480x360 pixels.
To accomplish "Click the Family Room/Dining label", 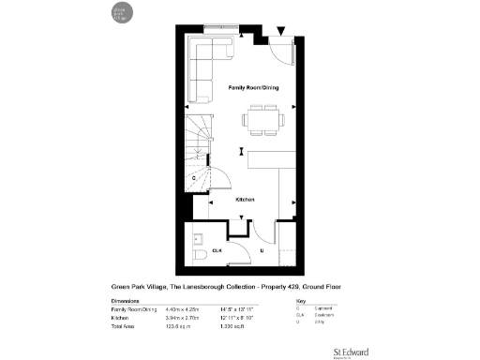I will click(x=253, y=86).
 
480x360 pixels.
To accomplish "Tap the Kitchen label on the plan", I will click(x=245, y=200).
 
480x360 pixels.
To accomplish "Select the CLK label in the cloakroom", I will click(x=217, y=251).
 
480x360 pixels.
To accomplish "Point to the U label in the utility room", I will click(x=262, y=251).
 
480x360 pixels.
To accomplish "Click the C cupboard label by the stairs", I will click(x=193, y=176).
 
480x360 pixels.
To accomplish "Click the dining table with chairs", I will click(x=262, y=118).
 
